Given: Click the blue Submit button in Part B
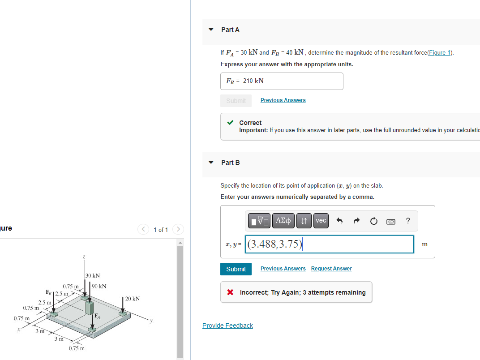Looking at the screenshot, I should coord(236,269).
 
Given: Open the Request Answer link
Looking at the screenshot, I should coord(331,269).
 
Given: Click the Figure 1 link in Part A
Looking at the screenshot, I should coord(440,53).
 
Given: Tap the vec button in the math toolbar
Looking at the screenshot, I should coord(321,221).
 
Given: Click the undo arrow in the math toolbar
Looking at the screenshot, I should coord(339,221).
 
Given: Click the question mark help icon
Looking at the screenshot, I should coord(407,221).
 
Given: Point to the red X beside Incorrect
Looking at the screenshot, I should coord(230,292).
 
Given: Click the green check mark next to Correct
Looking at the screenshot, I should coord(230,122).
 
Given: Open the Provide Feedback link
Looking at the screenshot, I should coord(227,326).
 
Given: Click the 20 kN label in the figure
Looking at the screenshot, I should coord(133,299).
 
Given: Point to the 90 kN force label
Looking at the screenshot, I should coord(99,286).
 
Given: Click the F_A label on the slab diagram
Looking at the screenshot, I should coord(96,316).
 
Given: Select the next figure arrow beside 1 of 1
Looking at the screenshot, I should coord(178,230).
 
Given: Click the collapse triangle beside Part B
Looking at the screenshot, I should coord(211,163).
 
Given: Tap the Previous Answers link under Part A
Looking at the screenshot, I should coord(283,100).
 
